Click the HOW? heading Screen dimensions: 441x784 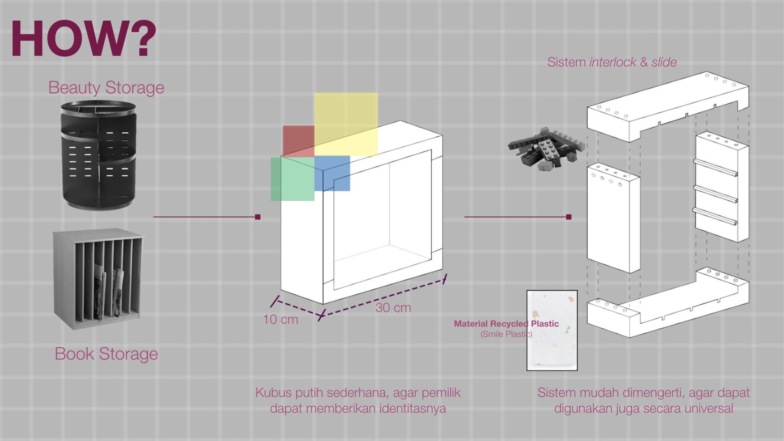(83, 38)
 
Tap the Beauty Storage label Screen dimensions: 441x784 (106, 88)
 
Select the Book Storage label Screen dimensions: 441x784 (106, 354)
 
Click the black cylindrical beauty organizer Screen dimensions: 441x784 (98, 155)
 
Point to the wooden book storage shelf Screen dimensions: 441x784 (98, 278)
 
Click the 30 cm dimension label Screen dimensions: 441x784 (393, 308)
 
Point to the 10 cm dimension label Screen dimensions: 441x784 (280, 320)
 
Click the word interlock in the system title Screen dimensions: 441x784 (613, 62)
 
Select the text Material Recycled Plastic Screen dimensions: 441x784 (506, 324)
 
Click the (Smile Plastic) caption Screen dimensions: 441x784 (506, 334)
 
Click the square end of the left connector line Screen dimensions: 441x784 (258, 217)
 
